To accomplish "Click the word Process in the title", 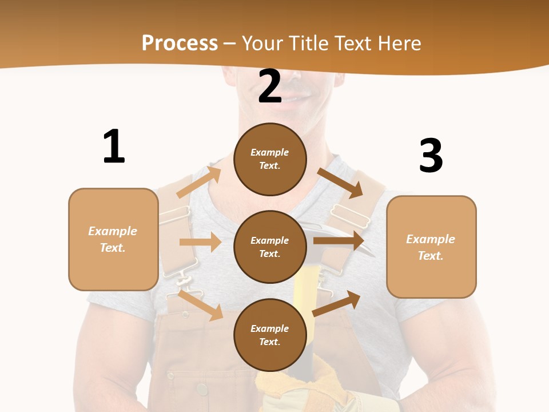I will [180, 43].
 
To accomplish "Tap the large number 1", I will [114, 146].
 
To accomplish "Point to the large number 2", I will [270, 87].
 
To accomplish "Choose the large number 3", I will [431, 156].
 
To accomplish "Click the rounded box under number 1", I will [113, 239].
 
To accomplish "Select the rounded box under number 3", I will [431, 247].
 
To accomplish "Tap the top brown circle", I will [270, 159].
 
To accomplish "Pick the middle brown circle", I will [270, 247].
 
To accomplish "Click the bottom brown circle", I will [270, 335].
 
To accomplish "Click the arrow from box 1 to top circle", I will [199, 182].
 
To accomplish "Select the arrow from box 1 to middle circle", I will [200, 242].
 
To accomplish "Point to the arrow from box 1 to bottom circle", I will [201, 305].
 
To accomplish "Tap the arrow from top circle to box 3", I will [340, 183].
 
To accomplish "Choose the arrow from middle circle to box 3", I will [339, 240].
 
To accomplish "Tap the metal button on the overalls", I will [202, 390].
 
